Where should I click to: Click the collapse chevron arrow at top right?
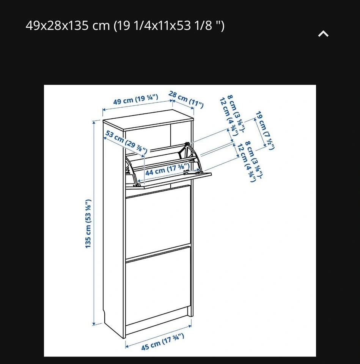coord(323,34)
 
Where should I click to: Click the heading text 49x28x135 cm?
coord(68,25)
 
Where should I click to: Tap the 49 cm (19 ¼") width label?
coord(136,99)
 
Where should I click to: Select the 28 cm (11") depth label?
coord(186,100)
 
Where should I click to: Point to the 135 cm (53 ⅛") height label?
coord(88,224)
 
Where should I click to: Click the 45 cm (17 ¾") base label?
coord(163,342)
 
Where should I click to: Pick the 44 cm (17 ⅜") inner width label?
coord(167,169)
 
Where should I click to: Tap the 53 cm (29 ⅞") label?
coord(126,142)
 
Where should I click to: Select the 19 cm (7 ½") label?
coord(265,130)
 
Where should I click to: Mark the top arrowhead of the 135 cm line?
coord(94,122)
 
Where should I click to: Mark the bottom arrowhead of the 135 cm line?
coord(94,323)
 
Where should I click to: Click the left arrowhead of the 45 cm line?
coord(127,346)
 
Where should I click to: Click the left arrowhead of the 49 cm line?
coord(104,110)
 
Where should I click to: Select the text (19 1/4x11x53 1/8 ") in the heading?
coord(169,25)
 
